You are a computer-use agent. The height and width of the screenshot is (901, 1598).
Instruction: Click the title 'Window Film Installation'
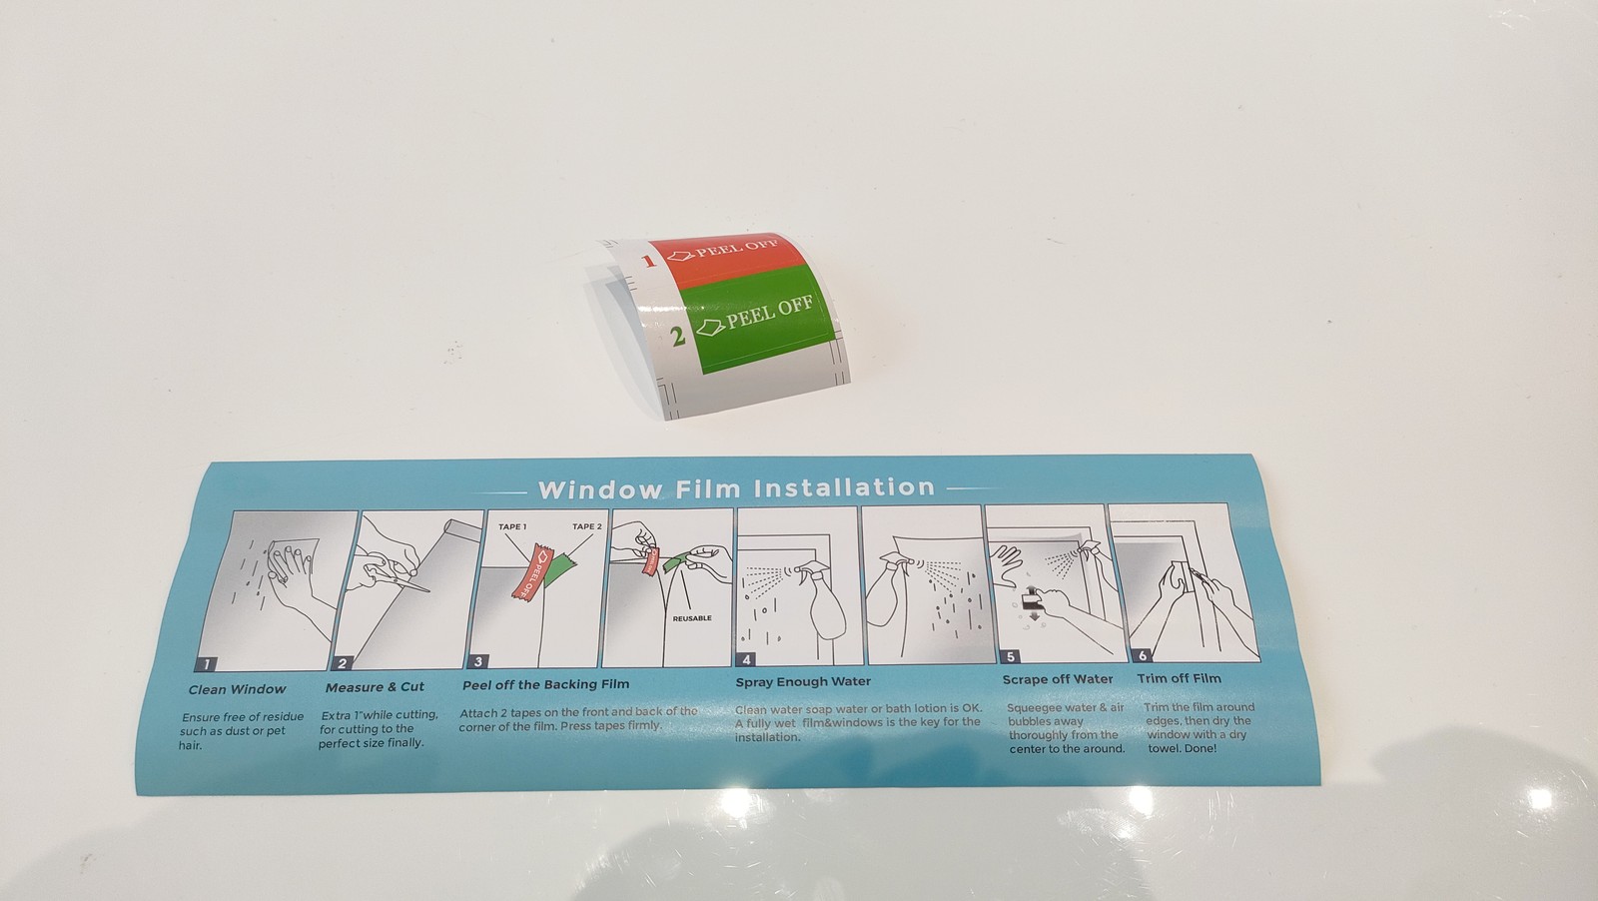(x=736, y=487)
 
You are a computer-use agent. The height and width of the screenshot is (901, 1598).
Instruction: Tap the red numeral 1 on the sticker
(x=648, y=261)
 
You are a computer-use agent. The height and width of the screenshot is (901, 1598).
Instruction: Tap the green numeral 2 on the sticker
(x=678, y=336)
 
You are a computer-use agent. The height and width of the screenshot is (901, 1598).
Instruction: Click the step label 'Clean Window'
(x=237, y=689)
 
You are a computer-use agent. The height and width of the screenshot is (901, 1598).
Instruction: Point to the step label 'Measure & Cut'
(x=375, y=687)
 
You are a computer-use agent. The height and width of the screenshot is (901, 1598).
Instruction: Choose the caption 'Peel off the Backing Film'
(x=545, y=684)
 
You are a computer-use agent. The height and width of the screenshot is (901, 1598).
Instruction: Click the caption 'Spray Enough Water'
(x=803, y=681)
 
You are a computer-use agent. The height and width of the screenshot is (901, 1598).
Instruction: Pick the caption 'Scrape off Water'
(x=1058, y=679)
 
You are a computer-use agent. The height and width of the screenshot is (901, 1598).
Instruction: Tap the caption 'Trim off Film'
(x=1180, y=677)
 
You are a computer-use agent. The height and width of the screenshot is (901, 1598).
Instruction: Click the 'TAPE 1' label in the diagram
(x=512, y=527)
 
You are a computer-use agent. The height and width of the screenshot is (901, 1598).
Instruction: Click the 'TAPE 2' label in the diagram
(x=586, y=526)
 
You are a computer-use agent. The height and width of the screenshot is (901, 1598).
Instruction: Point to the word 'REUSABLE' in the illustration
(x=692, y=618)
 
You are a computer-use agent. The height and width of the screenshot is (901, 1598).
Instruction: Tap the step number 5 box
(x=1010, y=656)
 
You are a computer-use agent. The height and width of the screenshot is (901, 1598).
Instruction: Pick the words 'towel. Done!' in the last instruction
(x=1183, y=748)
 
